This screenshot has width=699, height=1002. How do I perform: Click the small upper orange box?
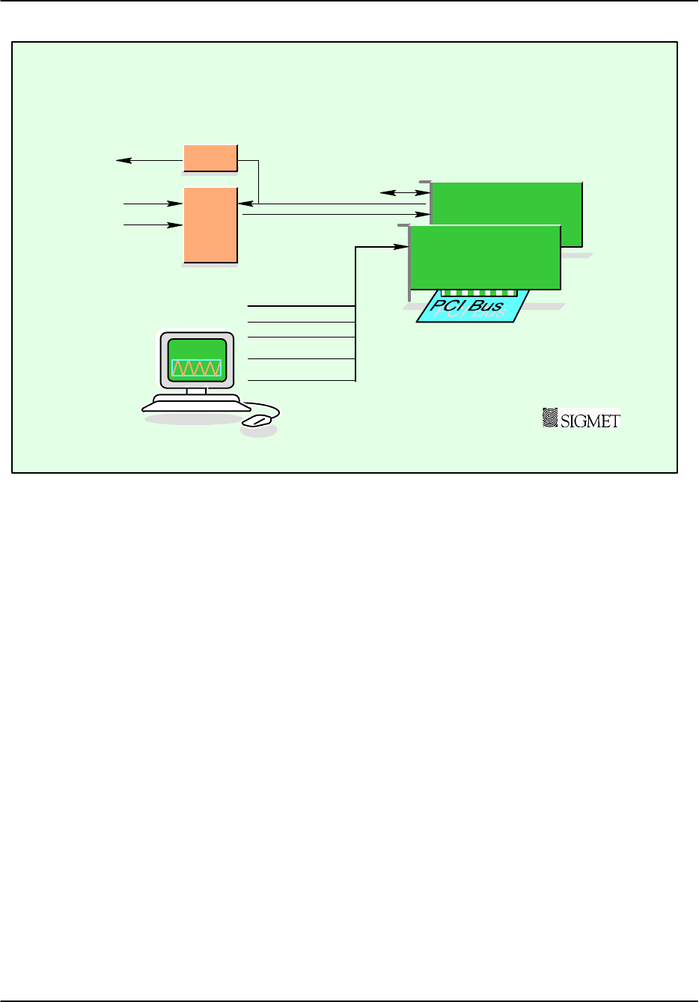tap(210, 157)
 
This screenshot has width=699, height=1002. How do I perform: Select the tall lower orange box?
tap(210, 225)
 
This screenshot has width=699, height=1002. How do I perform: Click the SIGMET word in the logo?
tap(590, 421)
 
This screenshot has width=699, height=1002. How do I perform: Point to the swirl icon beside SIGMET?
tap(550, 418)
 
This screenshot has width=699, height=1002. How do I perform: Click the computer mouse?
tap(257, 420)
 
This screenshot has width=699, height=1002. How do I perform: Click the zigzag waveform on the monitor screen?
tap(197, 368)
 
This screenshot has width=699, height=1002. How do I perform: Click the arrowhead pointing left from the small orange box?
tap(120, 159)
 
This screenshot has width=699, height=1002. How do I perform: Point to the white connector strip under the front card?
tap(479, 293)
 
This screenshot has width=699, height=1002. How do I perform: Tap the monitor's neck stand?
tap(197, 391)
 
